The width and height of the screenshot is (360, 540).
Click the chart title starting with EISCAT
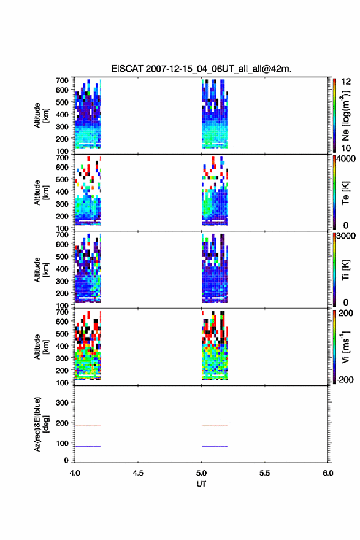tap(201, 69)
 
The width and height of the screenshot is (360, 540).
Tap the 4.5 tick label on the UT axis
tap(138, 473)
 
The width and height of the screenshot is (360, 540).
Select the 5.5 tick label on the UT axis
tap(265, 473)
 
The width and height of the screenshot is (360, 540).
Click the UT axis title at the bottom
tap(201, 484)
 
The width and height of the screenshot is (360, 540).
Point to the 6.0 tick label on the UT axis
tap(328, 473)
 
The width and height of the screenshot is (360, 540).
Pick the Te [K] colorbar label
tap(345, 193)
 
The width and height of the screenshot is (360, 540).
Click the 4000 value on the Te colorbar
tap(346, 159)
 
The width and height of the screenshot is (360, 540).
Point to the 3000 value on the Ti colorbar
tap(346, 236)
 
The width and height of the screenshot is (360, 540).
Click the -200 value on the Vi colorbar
tap(345, 379)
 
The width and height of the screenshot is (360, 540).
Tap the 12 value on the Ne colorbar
tap(346, 82)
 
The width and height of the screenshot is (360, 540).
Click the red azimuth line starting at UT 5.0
tap(215, 426)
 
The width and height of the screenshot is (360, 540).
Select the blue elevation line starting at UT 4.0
tap(88, 446)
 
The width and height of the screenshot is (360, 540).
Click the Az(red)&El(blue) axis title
tap(40, 424)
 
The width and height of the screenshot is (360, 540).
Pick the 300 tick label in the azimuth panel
tap(62, 403)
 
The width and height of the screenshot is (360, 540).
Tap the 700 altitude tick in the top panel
tap(62, 80)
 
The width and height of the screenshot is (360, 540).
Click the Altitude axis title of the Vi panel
tap(40, 347)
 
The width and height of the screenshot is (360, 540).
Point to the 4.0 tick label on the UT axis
tap(75, 473)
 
